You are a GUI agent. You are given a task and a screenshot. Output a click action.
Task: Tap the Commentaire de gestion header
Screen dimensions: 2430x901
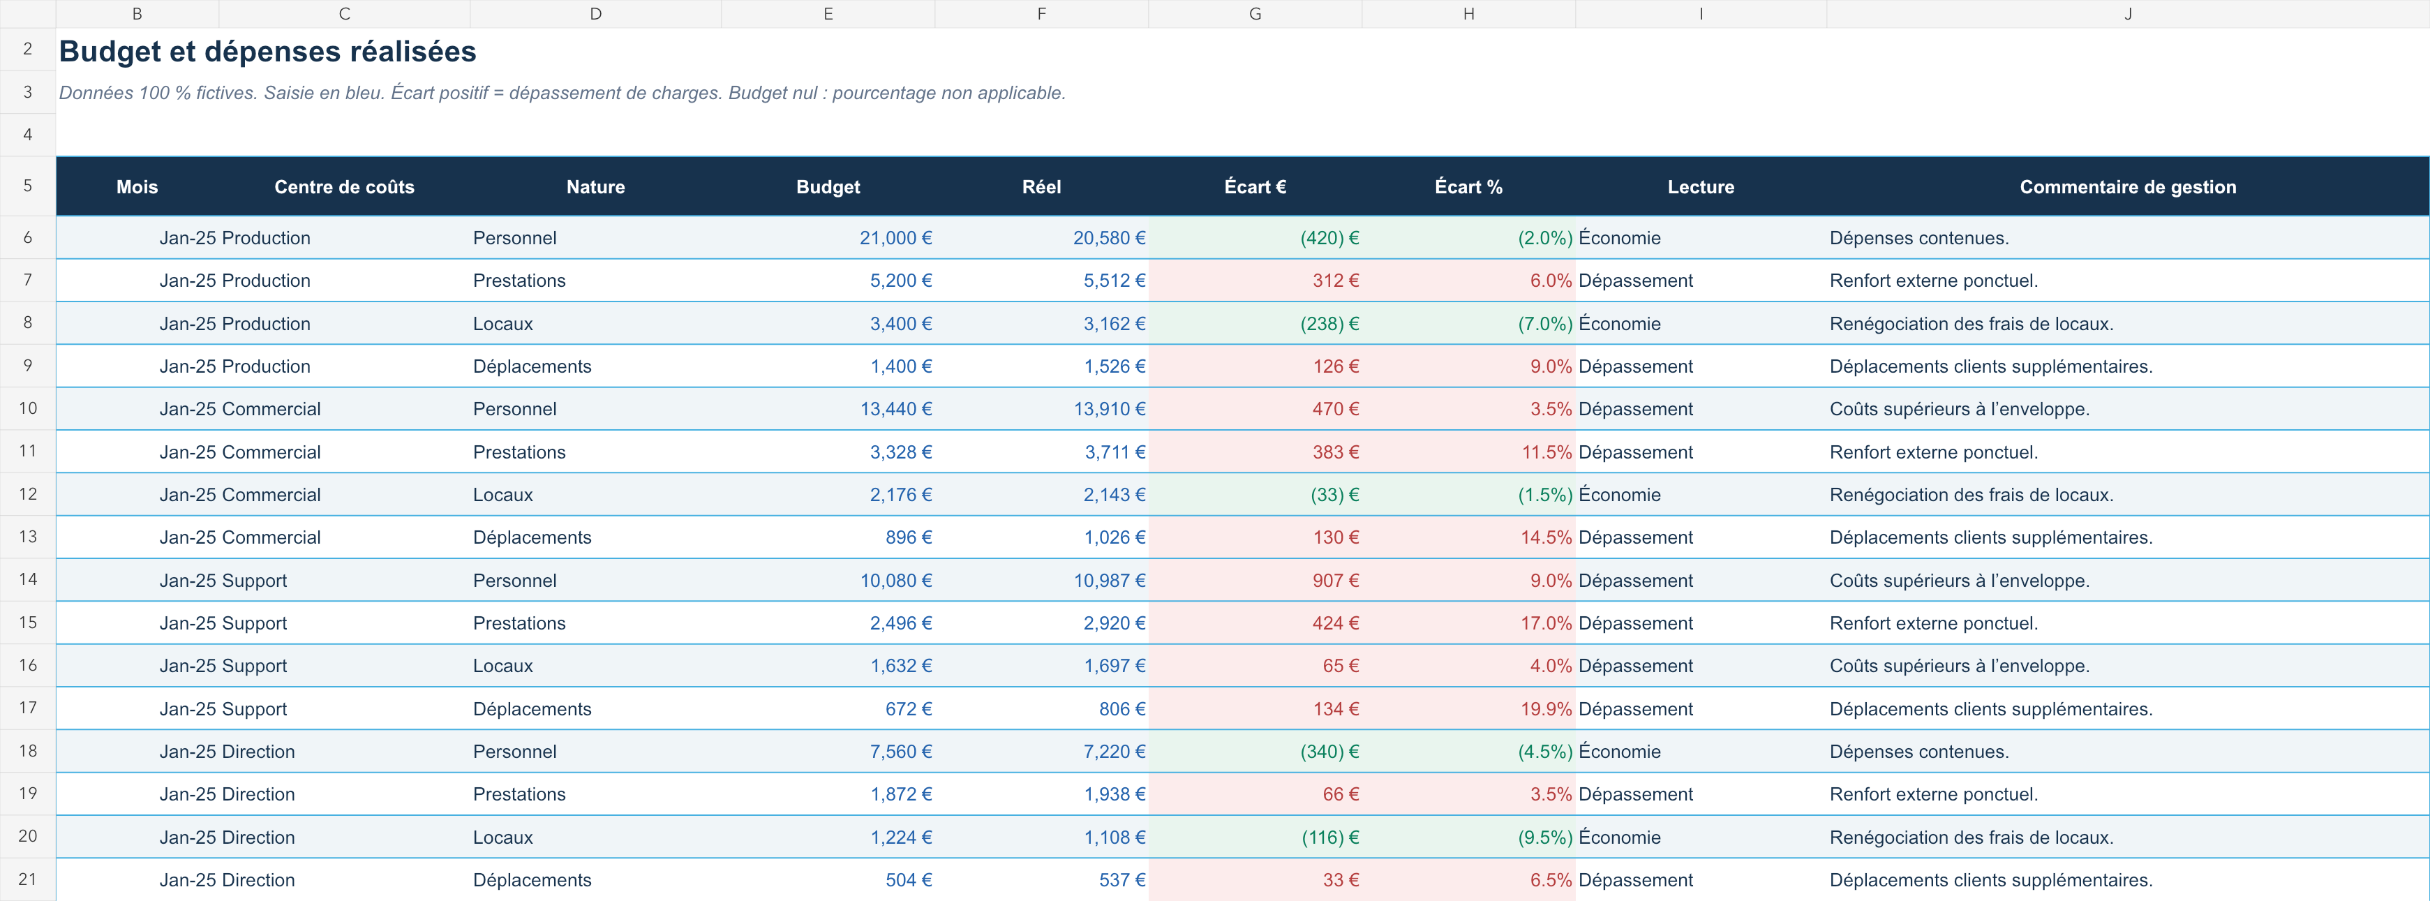click(x=2127, y=187)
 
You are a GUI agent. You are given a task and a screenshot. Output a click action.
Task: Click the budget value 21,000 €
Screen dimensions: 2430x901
click(x=895, y=238)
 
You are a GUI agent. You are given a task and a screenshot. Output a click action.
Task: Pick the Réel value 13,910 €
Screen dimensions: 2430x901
click(x=1110, y=408)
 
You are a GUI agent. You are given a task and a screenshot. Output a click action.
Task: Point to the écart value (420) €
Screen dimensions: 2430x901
click(x=1329, y=238)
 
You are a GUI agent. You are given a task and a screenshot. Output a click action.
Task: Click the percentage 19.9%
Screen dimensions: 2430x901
click(x=1546, y=708)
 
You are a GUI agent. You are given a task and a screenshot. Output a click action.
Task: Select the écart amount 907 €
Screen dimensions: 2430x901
click(x=1336, y=580)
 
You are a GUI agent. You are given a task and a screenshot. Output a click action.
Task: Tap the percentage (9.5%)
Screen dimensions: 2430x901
click(x=1545, y=837)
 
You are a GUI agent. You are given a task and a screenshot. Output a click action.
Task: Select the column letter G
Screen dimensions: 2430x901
click(x=1255, y=14)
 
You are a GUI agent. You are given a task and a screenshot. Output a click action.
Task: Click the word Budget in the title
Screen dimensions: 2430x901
click(x=110, y=52)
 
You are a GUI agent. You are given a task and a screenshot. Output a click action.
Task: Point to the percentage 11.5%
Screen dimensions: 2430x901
click(x=1546, y=452)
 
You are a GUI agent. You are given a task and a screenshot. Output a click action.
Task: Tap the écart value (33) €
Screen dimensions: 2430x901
click(x=1335, y=494)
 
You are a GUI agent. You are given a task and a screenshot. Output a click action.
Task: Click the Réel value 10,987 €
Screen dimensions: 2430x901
click(x=1110, y=580)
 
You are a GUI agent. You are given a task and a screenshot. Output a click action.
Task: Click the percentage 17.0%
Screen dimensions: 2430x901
click(x=1546, y=623)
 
